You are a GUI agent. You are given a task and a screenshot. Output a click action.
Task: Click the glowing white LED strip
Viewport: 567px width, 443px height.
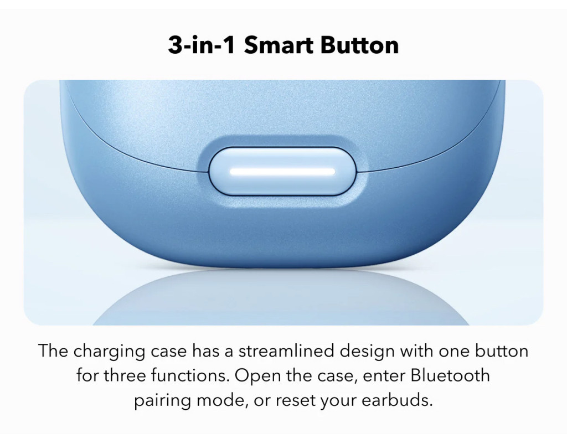282,172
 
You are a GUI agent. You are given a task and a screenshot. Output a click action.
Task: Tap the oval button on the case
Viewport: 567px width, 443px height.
282,171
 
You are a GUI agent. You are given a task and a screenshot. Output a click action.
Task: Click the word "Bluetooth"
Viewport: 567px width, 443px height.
450,375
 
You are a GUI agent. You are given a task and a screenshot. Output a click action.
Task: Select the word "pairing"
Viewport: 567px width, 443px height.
162,401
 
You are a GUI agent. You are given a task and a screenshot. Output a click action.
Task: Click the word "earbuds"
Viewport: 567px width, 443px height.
397,400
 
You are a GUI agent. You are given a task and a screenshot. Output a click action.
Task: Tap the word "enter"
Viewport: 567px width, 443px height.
384,376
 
